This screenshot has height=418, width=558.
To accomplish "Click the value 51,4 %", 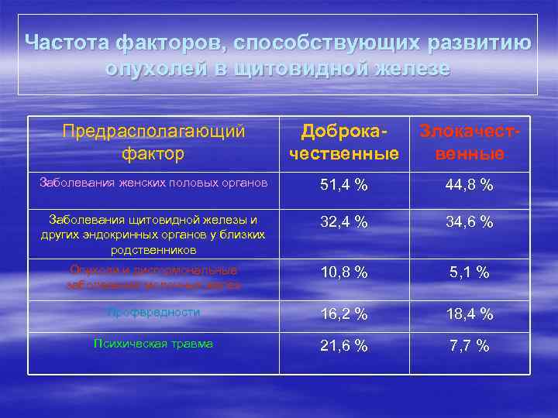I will coord(345,185).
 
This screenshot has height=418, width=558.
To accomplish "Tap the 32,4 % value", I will coord(345,221).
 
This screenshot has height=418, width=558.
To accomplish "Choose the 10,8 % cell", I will coord(345,272).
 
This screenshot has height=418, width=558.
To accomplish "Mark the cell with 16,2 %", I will coord(345,313).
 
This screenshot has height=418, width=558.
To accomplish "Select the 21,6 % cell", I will coord(345,346).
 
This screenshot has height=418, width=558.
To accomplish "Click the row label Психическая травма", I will coord(153,344).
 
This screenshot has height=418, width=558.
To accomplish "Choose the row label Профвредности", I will coord(153,312).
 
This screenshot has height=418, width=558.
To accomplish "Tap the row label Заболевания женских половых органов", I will coord(153,183).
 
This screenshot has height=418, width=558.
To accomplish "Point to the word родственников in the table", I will coord(153,250).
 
